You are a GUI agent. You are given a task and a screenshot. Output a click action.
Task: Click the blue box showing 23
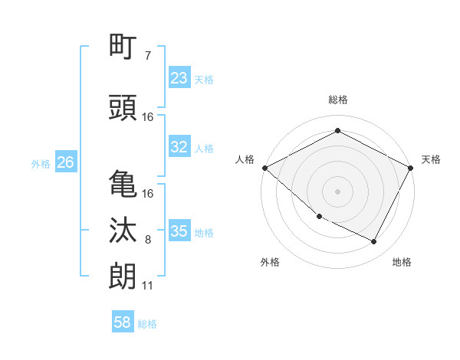tap(179, 78)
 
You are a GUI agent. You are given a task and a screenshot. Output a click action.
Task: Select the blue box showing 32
tap(179, 147)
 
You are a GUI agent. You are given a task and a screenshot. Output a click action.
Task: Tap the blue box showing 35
tap(179, 231)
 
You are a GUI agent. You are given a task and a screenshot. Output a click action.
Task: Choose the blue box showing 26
tap(65, 162)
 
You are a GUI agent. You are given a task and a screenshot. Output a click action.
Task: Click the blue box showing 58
tap(123, 322)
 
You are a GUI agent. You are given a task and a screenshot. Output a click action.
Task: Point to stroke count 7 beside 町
tap(148, 56)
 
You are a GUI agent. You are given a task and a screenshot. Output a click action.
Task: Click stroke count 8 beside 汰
tap(148, 240)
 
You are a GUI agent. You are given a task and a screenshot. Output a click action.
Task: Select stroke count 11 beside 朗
tap(147, 286)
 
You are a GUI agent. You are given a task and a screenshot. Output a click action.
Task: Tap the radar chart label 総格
tap(338, 100)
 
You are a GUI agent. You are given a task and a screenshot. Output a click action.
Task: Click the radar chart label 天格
tap(431, 159)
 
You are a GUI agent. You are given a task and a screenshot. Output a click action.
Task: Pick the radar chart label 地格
tap(402, 262)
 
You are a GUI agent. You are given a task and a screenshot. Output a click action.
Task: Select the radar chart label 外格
tap(270, 262)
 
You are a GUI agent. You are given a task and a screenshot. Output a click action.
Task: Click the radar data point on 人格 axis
tap(264, 168)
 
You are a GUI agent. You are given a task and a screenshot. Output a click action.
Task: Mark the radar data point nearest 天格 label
tap(412, 168)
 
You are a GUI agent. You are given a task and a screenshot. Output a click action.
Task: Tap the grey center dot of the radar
tap(338, 191)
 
